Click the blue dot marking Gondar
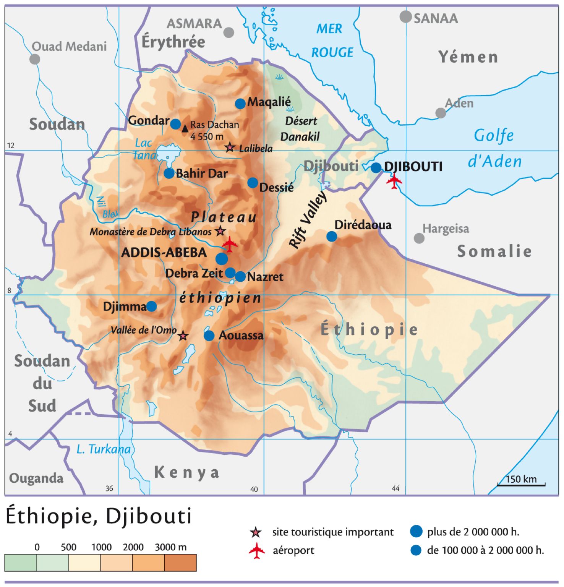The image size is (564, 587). tap(175, 124)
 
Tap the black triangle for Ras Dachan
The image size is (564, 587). tap(185, 128)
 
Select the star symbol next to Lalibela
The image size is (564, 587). tap(230, 147)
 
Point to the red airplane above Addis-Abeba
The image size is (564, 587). tap(230, 244)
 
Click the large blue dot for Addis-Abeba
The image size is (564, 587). tap(222, 259)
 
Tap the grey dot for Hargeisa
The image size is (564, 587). tap(419, 238)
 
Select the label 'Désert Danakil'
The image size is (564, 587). tap(300, 129)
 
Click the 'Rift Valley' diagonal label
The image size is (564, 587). tap(308, 220)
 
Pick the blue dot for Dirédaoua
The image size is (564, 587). tap(332, 237)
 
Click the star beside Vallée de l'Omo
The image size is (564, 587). tap(183, 336)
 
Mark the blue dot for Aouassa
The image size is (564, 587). tap(209, 336)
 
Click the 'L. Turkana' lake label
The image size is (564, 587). tap(103, 449)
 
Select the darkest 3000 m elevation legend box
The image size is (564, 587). tap(180, 563)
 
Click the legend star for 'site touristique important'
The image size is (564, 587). tap(256, 532)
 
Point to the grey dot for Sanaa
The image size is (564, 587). tap(405, 17)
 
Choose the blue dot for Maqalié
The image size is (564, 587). tap(240, 104)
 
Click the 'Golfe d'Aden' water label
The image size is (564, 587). tap(495, 148)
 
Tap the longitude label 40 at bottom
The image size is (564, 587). tap(254, 489)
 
